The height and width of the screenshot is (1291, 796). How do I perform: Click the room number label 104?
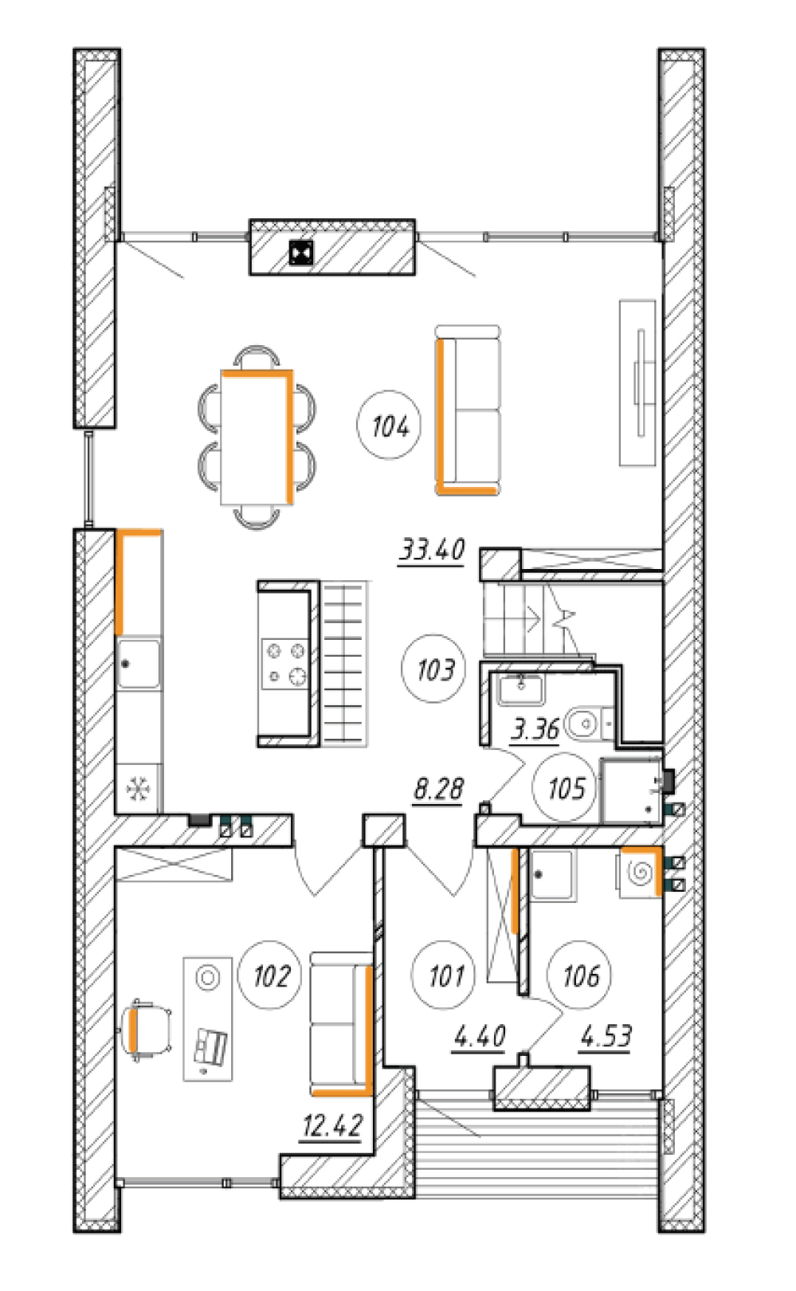pos(389,426)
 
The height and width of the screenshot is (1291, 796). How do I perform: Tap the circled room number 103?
pos(433,669)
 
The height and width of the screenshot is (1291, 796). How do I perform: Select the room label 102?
pos(270,975)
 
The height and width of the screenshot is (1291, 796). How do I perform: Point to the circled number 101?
pos(444,975)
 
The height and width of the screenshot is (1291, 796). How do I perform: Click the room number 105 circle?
pos(566,787)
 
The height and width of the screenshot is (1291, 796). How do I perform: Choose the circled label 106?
pos(580,975)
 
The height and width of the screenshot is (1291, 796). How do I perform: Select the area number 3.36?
pos(535,729)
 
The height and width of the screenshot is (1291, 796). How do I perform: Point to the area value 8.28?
pos(438,788)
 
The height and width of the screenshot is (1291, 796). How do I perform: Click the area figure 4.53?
pos(606,1036)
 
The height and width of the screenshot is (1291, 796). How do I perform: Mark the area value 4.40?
pos(480,1036)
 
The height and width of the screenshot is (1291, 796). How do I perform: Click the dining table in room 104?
pos(257,438)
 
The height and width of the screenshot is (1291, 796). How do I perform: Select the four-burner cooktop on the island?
pos(285,664)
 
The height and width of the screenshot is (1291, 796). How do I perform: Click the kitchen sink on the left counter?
pos(139,663)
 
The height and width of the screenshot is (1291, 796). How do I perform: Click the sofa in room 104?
pos(468,410)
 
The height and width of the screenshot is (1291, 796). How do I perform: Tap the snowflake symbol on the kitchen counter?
pos(139,788)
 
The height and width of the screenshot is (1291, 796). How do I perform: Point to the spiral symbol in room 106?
pos(639,873)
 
